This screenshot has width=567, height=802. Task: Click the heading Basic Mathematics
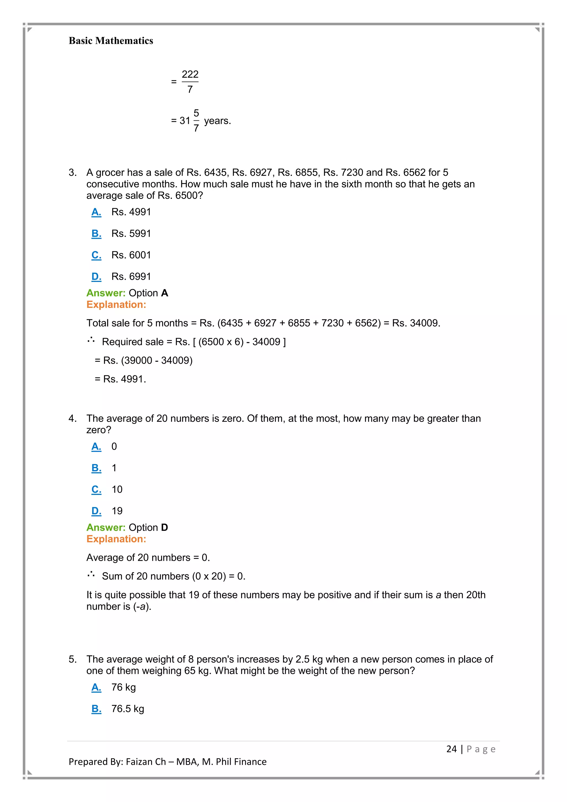coord(111,41)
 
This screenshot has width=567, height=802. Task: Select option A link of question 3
coord(96,212)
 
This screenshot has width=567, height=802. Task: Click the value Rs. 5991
coord(131,233)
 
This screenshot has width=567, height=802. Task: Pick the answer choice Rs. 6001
coord(131,255)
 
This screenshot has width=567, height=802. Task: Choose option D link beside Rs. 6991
coord(96,277)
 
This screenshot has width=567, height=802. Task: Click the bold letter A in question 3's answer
coord(164,293)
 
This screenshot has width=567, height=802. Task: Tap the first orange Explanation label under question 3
coord(116,305)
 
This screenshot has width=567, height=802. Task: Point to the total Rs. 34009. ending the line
coord(416,323)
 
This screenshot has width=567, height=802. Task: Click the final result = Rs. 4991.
coord(120,379)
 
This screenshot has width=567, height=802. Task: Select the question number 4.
coord(72,418)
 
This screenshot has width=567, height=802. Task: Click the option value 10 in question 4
coord(117,489)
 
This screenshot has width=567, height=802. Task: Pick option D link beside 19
coord(96,511)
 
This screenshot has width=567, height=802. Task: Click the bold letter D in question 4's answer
coord(164,528)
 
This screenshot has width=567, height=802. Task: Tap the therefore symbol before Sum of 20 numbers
coord(91,574)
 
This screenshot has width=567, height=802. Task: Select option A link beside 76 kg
coord(96,687)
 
